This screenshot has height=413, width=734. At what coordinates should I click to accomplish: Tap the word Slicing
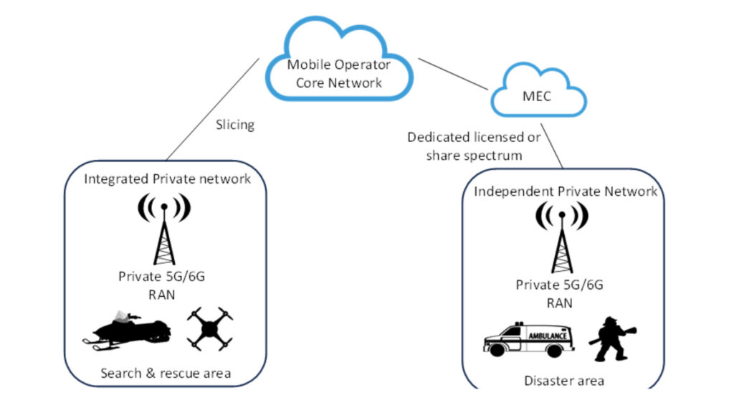(234, 125)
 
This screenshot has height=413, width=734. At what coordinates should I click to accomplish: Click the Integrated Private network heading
(167, 179)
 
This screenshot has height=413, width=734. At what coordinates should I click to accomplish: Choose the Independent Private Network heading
(565, 191)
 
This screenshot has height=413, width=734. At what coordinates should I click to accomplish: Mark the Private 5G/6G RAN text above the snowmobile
(164, 284)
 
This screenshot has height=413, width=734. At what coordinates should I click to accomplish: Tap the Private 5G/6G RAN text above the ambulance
(560, 293)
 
